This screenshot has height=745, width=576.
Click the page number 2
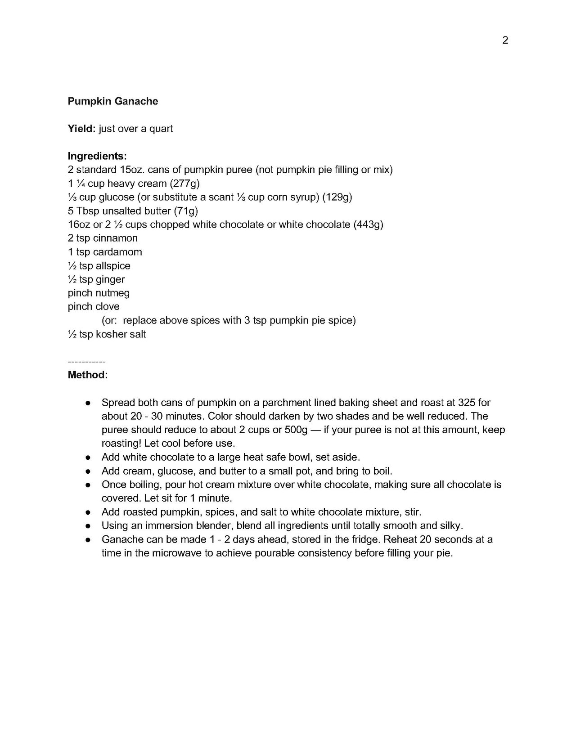505,40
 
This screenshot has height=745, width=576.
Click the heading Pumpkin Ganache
113,101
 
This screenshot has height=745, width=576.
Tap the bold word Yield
81,129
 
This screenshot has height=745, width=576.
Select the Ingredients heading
97,156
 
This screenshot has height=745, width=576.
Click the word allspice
113,265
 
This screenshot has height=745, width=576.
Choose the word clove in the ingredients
107,306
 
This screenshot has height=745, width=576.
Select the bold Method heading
88,375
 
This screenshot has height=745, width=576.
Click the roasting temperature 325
467,402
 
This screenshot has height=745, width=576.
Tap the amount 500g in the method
296,430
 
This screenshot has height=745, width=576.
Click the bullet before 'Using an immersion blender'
89,525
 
